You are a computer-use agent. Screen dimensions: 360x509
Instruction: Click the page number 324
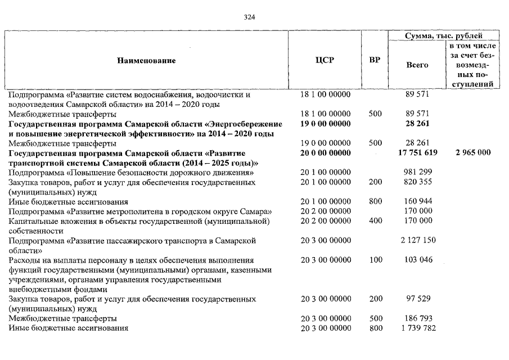coord(250,17)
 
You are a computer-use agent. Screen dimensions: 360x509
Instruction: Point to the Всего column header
coord(417,65)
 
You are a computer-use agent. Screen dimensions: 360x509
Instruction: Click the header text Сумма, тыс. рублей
coord(444,35)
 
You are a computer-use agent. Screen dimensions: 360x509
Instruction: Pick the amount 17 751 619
coord(417,152)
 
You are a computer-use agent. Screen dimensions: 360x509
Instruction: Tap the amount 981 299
coord(417,172)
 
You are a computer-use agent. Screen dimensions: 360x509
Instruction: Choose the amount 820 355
coord(417,182)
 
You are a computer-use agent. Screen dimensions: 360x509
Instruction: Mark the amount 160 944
coord(417,201)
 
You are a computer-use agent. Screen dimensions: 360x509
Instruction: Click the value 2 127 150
coord(417,241)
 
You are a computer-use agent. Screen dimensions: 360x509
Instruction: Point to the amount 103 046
coord(417,260)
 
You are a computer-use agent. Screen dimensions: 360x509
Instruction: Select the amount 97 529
coord(417,299)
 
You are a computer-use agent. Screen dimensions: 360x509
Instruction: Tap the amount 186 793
coord(417,319)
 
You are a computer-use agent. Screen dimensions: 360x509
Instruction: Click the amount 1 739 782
coord(417,328)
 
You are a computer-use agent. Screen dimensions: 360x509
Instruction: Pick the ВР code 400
coord(375,221)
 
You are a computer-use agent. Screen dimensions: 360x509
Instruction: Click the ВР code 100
coord(375,260)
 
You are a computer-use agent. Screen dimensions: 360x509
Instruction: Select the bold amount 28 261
coord(417,123)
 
